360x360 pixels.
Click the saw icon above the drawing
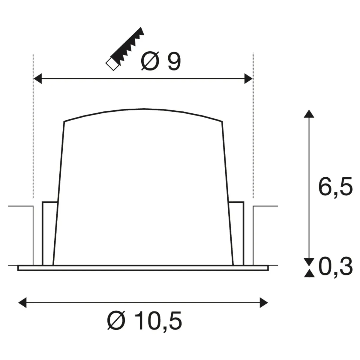pyautogui.click(x=125, y=49)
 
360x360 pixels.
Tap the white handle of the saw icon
pyautogui.click(x=112, y=64)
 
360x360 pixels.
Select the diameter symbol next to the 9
pyautogui.click(x=150, y=61)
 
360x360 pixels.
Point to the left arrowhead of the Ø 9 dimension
pyautogui.click(x=37, y=79)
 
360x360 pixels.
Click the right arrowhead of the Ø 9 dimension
pyautogui.click(x=248, y=79)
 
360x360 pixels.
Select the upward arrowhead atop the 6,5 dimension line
pyautogui.click(x=309, y=114)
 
